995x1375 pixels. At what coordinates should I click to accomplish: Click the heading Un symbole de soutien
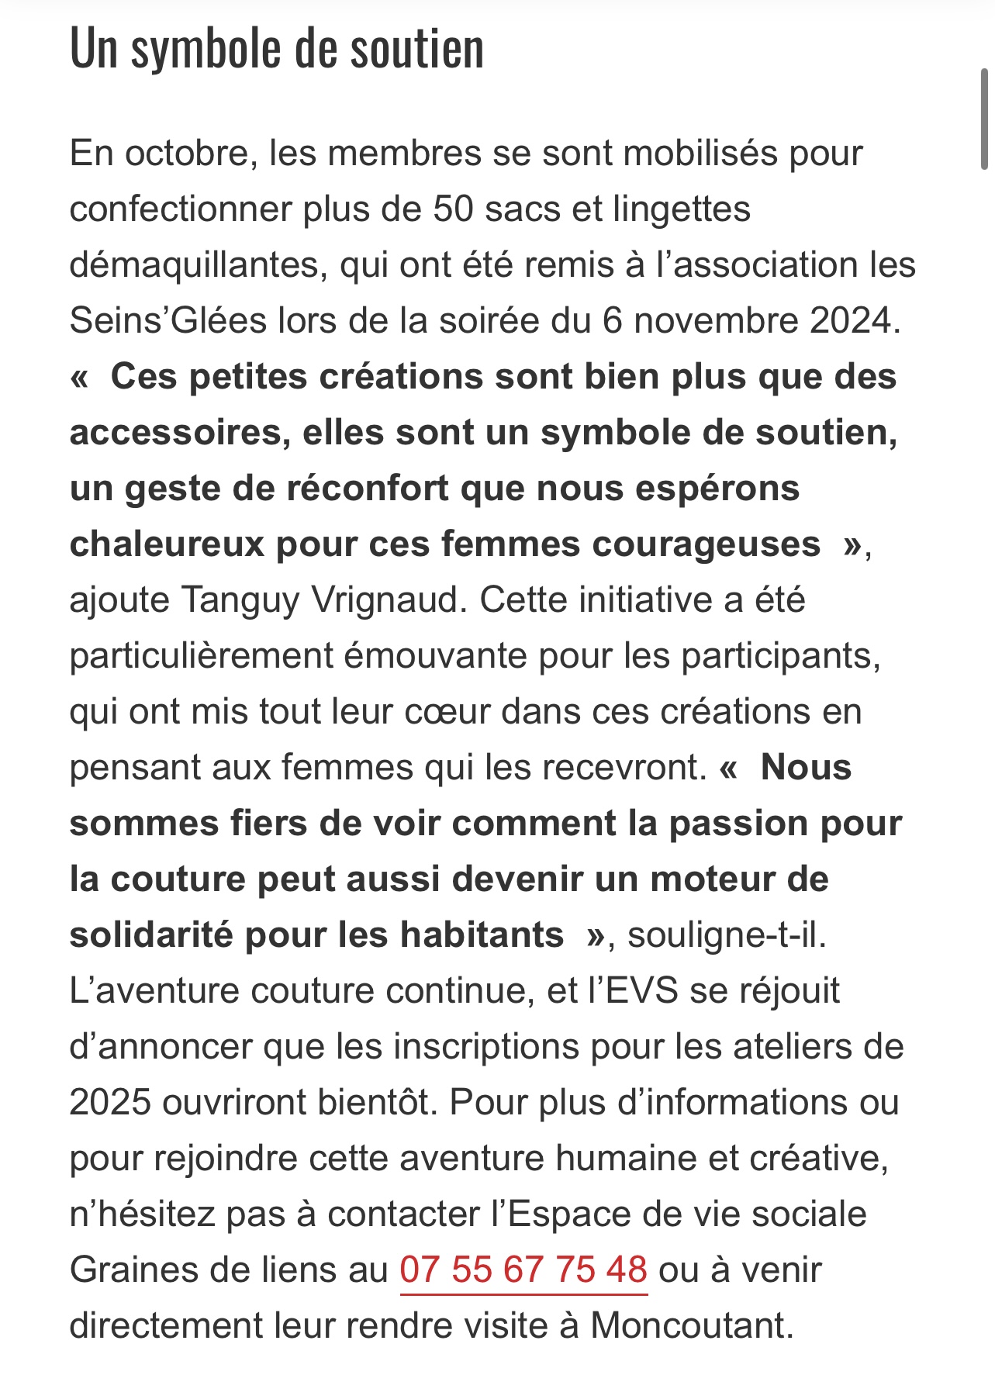coord(277,49)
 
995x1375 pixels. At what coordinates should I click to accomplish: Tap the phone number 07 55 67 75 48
coord(523,1270)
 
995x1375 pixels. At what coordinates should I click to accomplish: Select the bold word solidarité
coord(151,935)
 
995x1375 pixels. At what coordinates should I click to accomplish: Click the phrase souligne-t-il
coord(727,935)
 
